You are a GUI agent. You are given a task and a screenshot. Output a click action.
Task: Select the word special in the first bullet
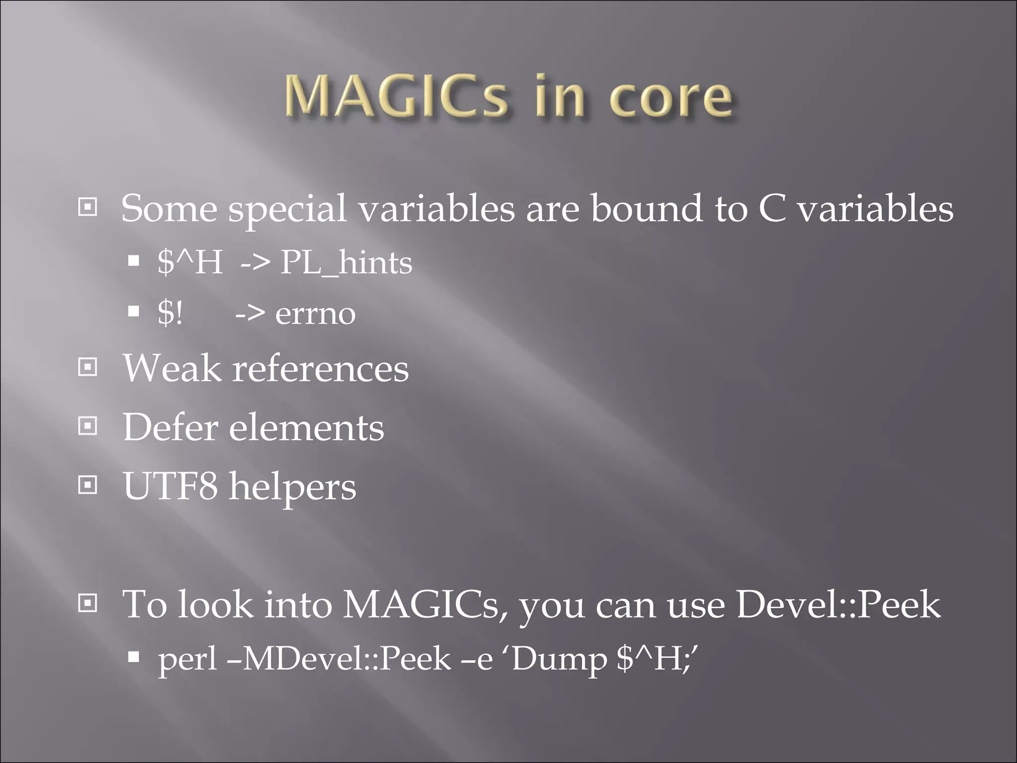coord(287,209)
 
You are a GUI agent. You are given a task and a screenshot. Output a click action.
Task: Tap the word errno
coord(315,314)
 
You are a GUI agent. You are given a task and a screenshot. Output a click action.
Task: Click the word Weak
coord(172,369)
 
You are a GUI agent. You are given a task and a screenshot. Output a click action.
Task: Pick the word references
coord(320,369)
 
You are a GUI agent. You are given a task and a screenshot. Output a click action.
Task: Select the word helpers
coord(292,487)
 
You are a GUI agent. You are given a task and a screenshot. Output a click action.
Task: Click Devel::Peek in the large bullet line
coord(838,605)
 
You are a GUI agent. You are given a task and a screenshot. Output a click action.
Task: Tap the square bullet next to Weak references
coord(88,367)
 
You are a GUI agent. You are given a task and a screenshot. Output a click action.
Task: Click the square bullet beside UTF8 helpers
coord(88,484)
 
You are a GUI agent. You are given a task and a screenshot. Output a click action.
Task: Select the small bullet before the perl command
coord(133,657)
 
